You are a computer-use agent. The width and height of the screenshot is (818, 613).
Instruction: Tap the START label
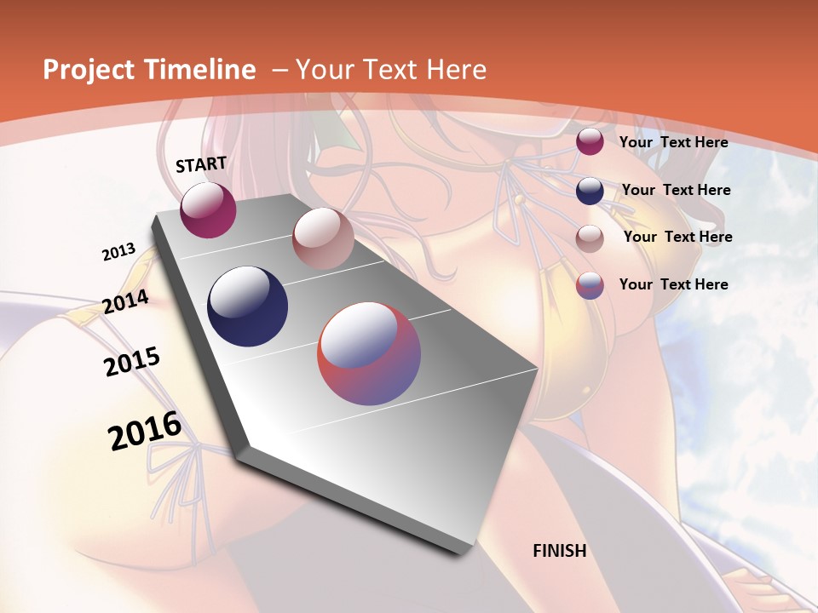tap(201, 164)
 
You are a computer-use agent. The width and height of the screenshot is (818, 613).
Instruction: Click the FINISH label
tap(560, 551)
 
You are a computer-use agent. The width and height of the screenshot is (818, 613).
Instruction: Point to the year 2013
tap(118, 252)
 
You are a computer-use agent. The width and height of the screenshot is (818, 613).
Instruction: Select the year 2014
tap(125, 302)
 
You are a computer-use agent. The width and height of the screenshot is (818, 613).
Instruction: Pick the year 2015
tap(132, 362)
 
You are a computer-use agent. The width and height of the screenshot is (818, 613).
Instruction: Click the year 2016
tap(145, 431)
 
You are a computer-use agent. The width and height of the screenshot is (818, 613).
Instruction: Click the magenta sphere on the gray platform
tap(208, 209)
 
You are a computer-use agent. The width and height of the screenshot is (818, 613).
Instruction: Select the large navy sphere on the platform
tap(248, 306)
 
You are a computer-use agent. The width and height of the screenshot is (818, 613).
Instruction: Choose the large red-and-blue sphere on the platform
tap(369, 353)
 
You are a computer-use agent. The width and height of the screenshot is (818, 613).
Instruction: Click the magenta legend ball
tap(590, 142)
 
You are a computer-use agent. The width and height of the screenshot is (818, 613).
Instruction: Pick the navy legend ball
tap(590, 191)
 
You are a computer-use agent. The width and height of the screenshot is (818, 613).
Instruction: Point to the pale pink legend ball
tap(590, 238)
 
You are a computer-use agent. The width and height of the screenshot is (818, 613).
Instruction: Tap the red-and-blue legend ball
tap(590, 285)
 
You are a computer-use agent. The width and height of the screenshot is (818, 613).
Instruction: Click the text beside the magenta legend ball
tap(673, 142)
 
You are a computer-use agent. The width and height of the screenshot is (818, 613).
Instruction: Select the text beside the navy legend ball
tap(676, 190)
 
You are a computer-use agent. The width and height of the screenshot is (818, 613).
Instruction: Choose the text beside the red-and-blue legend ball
tap(673, 284)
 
